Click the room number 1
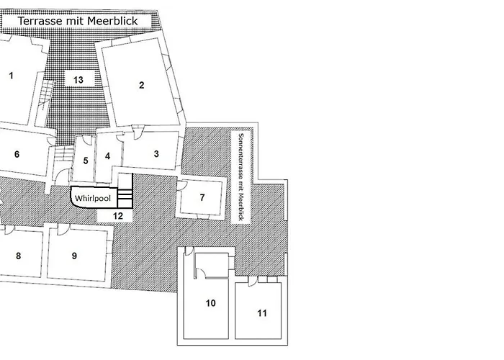(12, 75)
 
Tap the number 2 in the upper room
(142, 86)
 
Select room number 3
(156, 153)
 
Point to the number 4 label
(108, 156)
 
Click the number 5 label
(86, 160)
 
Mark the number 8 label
(19, 256)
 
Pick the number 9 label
(74, 256)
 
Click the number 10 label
(211, 304)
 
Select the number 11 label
(262, 313)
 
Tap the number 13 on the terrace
(78, 78)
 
